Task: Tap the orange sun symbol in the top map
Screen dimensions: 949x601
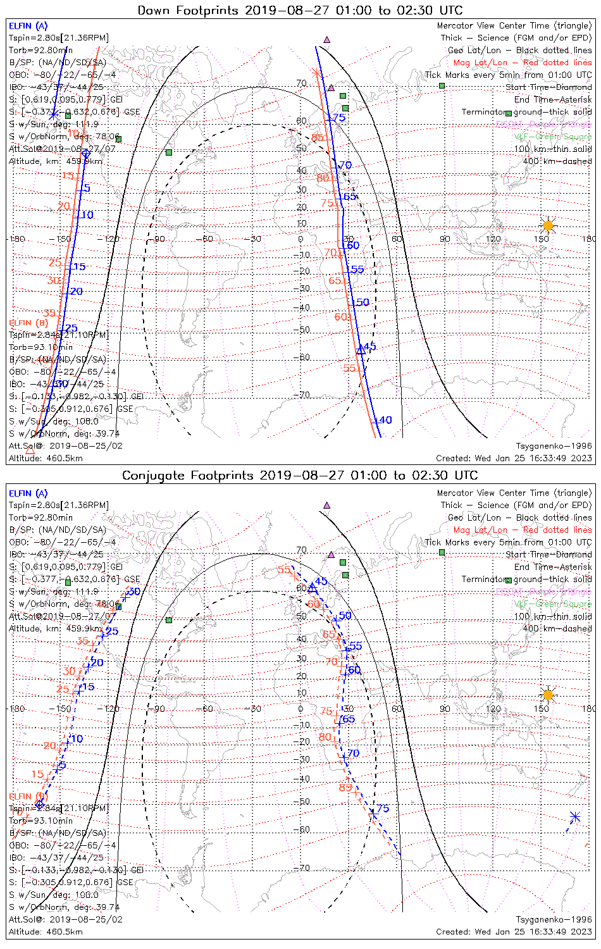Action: [548, 225]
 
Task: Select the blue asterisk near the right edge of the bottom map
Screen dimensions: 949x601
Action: [574, 817]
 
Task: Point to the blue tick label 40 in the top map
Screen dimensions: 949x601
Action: [386, 420]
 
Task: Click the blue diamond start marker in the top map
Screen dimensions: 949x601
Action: [86, 153]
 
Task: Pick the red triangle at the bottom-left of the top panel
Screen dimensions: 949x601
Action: [30, 450]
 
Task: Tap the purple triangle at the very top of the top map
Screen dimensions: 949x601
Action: [326, 39]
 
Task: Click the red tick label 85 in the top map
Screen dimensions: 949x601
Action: [318, 137]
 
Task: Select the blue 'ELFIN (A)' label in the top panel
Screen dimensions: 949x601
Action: [28, 26]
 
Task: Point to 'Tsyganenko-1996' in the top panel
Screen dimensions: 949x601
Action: [554, 446]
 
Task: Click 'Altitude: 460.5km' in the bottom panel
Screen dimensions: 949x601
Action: [46, 932]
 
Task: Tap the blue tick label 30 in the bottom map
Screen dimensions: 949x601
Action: [133, 592]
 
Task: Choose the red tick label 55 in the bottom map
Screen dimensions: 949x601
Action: [284, 570]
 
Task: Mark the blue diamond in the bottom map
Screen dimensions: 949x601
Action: [40, 804]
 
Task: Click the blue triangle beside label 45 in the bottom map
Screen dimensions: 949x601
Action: [312, 588]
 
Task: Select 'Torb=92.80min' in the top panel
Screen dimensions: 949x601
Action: [40, 50]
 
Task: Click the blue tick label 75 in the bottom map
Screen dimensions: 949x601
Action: [383, 809]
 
